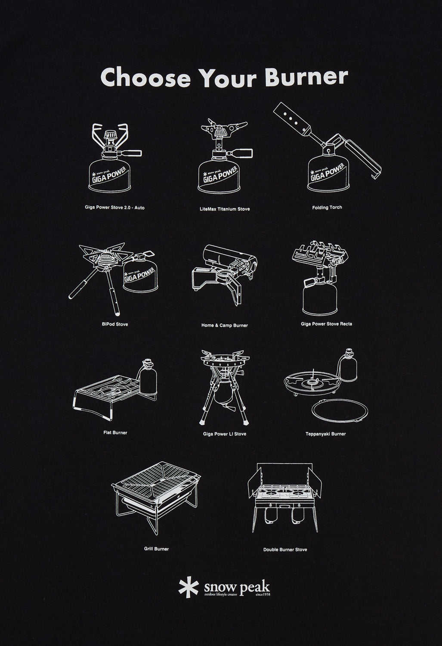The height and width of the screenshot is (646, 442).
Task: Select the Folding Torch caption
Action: tap(327, 208)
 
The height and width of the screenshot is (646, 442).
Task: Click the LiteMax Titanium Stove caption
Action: tap(225, 209)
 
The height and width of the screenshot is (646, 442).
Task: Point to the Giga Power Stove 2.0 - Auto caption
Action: tap(114, 208)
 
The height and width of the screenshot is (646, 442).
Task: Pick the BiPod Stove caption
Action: tap(112, 324)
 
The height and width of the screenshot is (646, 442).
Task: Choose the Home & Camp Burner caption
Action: tap(225, 326)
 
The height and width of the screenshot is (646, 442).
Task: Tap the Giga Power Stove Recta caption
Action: tap(326, 324)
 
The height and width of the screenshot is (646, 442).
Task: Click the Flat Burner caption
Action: tap(115, 432)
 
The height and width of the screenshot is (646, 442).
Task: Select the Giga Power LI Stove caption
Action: tap(225, 434)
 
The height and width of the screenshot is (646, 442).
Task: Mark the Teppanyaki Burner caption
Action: tap(326, 434)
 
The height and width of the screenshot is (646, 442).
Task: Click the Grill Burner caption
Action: tap(156, 549)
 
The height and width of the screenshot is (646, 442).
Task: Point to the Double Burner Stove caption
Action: tap(285, 550)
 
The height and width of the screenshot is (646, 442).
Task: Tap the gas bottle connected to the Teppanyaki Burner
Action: tap(348, 366)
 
